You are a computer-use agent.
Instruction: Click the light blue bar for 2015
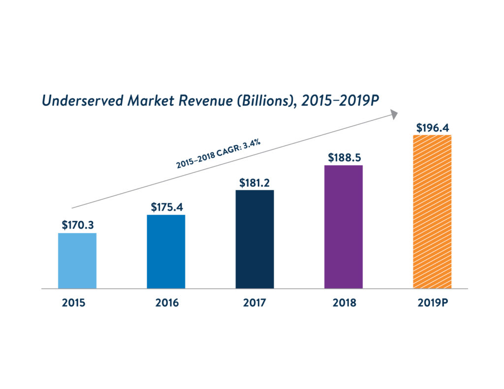(77, 261)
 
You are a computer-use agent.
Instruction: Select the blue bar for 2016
(166, 251)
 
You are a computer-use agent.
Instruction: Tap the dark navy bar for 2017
(254, 239)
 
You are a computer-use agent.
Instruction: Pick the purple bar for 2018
(343, 227)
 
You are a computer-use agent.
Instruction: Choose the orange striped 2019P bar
(432, 211)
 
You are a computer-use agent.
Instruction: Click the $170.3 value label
(78, 225)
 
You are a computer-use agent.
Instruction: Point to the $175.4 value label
(166, 207)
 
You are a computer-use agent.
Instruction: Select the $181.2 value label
(255, 182)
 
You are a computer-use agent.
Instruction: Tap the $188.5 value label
(344, 158)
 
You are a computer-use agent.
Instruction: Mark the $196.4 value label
(432, 128)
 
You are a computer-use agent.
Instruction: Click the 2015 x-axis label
(74, 303)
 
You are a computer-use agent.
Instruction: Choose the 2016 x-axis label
(167, 303)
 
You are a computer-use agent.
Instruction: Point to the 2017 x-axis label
(254, 303)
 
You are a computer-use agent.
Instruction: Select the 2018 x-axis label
(344, 303)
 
